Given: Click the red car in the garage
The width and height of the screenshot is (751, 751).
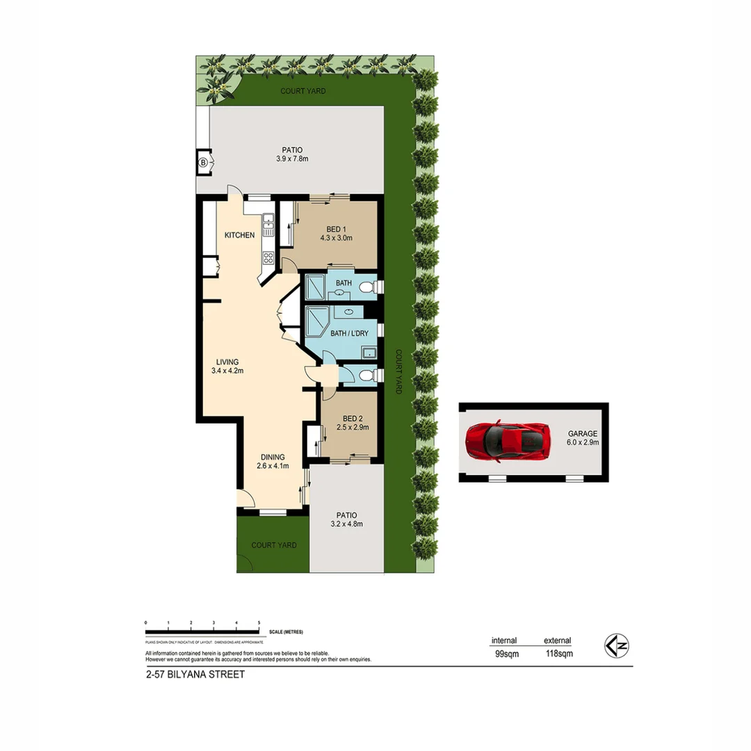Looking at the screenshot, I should [508, 442].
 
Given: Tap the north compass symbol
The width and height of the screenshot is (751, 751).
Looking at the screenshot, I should [616, 646].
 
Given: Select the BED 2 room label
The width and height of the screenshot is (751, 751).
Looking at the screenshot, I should [350, 418].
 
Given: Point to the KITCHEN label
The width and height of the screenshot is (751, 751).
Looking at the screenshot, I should [239, 235].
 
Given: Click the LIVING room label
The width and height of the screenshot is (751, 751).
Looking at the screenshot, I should [227, 362].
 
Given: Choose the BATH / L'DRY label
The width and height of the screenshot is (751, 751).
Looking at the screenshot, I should [349, 333].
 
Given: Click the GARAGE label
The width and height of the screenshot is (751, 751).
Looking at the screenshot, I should [582, 433].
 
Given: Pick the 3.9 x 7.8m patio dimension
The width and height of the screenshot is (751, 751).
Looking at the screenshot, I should [292, 159].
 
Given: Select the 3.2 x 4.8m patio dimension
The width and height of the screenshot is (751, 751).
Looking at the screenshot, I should [346, 524].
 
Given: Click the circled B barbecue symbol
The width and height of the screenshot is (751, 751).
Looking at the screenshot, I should [203, 162].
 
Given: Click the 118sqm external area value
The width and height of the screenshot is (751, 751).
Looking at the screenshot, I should [558, 654].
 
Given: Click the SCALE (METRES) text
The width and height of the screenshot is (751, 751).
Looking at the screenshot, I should [286, 632].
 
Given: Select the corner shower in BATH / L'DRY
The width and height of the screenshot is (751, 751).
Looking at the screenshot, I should [321, 322].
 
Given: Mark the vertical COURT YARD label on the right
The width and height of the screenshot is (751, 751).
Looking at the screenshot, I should [399, 371].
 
